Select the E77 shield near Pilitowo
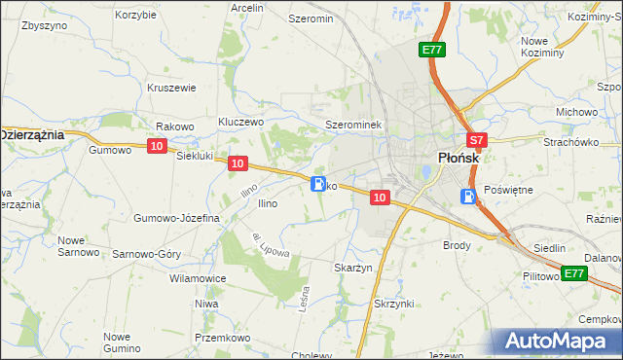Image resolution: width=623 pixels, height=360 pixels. (574, 273)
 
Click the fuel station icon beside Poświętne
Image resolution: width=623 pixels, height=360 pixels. (469, 198)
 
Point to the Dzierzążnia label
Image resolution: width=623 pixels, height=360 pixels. (31, 135)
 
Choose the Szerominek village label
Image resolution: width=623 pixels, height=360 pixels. (356, 126)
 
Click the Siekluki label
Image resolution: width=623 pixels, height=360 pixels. (194, 157)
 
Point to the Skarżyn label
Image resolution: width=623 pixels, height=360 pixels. (354, 267)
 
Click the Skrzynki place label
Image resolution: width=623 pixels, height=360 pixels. (395, 304)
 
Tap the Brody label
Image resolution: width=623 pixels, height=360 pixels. (458, 245)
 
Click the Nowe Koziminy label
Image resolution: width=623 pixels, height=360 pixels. (542, 47)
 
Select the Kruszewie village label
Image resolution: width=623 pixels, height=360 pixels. (172, 88)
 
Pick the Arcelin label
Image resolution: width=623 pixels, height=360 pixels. (247, 8)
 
